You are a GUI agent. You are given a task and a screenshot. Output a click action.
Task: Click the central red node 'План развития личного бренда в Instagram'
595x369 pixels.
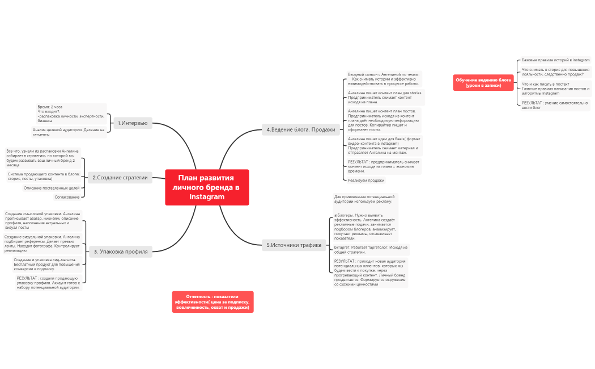coord(207,187)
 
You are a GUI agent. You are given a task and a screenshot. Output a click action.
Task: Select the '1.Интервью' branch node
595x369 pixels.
coord(133,123)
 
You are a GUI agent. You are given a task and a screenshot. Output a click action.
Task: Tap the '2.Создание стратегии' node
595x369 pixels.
coord(120,178)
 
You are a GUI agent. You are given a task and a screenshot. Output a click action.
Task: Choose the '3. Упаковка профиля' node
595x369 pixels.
coord(120,251)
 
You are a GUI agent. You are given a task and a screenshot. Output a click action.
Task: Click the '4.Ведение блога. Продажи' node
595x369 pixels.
coord(300,129)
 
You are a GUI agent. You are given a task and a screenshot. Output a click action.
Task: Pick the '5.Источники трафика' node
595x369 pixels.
coord(294,245)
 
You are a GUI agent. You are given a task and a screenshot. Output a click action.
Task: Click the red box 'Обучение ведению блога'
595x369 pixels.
coord(483,82)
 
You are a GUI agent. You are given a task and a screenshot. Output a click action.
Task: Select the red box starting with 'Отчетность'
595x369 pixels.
coord(212,301)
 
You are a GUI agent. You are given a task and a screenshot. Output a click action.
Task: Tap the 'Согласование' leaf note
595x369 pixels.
coord(67,197)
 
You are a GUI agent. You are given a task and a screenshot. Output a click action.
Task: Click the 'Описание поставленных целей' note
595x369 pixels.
coord(52,188)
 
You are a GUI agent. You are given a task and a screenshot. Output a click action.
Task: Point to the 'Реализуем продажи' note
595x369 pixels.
coord(366,181)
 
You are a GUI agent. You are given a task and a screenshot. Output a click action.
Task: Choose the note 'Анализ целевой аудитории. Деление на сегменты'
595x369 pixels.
coord(69,132)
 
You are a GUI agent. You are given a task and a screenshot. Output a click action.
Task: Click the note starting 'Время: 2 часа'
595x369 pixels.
coord(71,114)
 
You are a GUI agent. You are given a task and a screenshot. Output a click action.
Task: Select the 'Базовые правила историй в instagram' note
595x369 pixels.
coord(555,60)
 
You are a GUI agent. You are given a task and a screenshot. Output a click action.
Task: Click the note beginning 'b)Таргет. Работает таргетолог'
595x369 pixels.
coord(371,250)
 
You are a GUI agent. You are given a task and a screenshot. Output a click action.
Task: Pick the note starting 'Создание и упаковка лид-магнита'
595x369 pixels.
coord(47,264)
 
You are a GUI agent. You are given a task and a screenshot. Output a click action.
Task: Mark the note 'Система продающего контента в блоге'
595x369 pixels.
coord(43,176)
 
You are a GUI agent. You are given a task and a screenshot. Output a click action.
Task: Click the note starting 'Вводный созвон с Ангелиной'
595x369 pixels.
coord(384,78)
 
